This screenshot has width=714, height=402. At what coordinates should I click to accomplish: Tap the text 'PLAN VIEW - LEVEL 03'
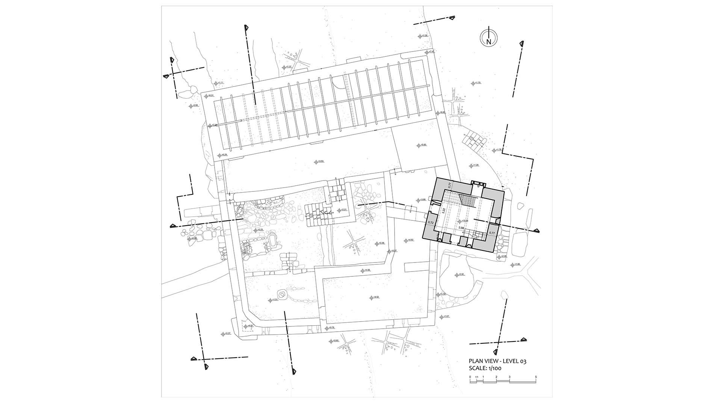click(498, 361)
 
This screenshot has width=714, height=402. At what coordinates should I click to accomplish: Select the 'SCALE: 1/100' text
click(485, 369)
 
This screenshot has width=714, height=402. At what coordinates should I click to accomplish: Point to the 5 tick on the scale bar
click(535, 377)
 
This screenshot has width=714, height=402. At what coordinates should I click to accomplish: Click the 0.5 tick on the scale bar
click(477, 377)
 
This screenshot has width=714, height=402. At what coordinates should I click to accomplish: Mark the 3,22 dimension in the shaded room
click(443, 211)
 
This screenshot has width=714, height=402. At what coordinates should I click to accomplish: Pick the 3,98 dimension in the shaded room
click(461, 228)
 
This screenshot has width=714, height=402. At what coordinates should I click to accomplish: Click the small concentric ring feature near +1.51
click(281, 293)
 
